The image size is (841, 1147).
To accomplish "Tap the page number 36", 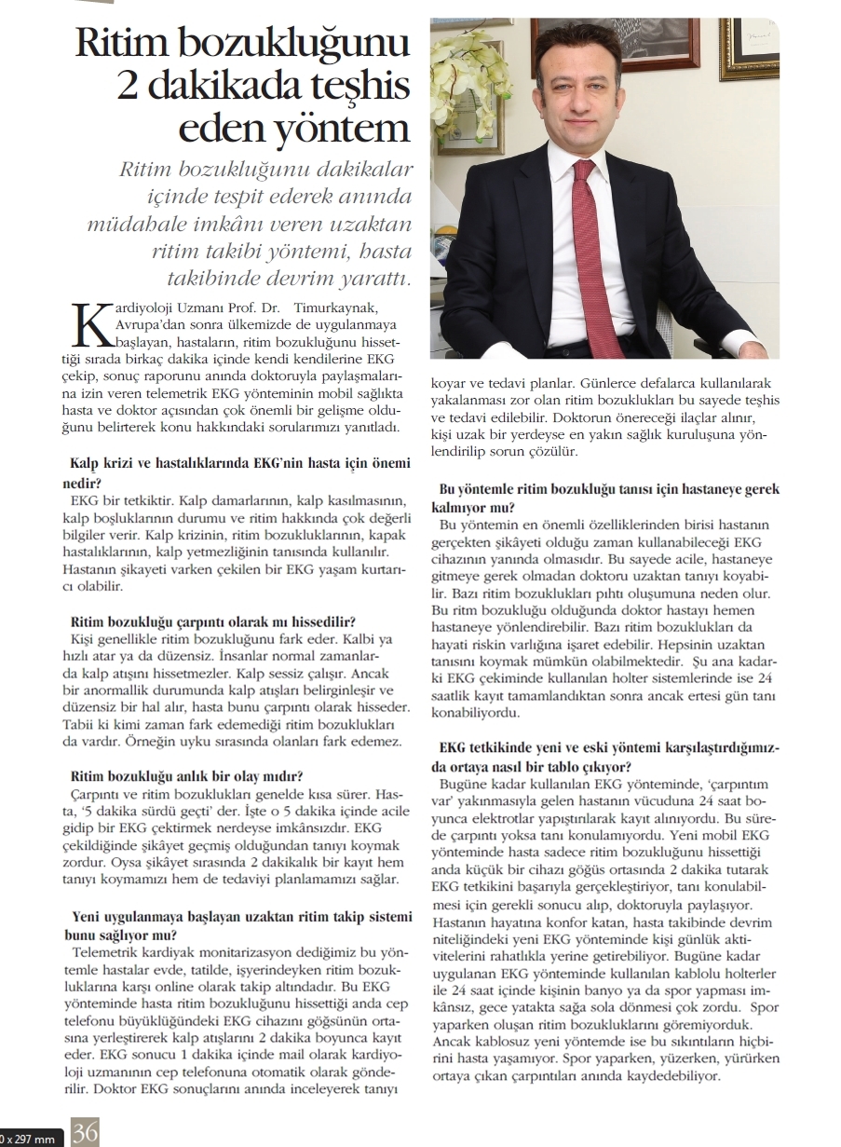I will tap(85, 1133).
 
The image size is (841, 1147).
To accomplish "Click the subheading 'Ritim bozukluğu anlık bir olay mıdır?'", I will tap(186, 776).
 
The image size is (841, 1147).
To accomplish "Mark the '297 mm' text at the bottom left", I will tap(30, 1139).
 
